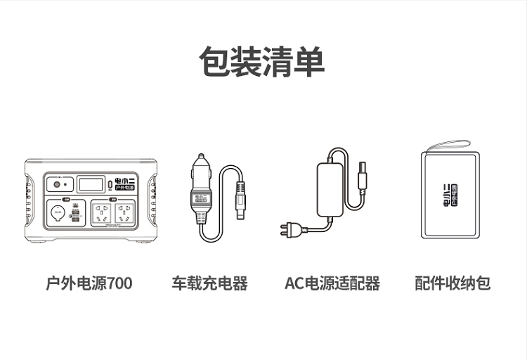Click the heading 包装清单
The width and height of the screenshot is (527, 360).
pyautogui.click(x=263, y=62)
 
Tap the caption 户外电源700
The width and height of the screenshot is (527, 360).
pyautogui.click(x=89, y=283)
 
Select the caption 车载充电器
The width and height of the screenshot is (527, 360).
pyautogui.click(x=209, y=283)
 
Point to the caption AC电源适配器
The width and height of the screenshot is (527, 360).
pyautogui.click(x=332, y=283)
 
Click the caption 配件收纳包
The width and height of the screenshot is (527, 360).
pyautogui.click(x=452, y=283)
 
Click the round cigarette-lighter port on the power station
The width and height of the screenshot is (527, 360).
pyautogui.click(x=57, y=213)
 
